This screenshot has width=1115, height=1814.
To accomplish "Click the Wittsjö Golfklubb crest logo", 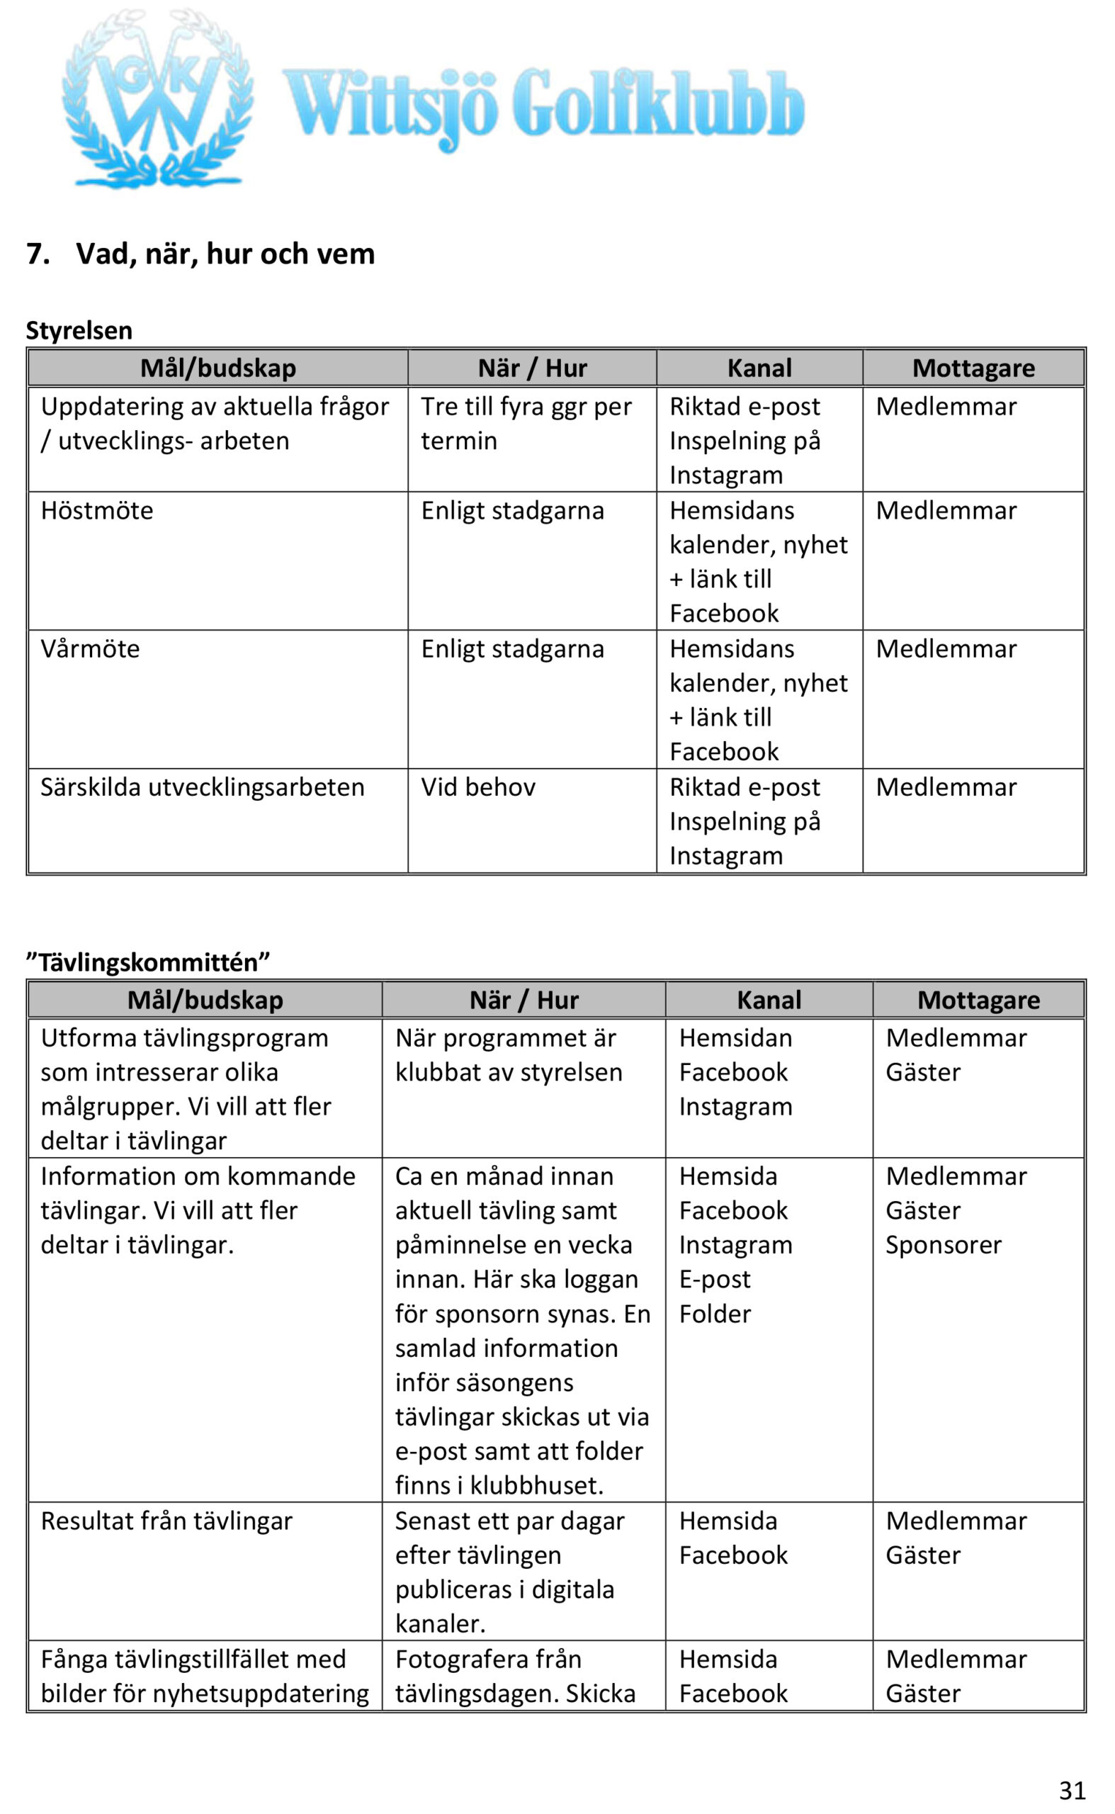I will click(x=157, y=100).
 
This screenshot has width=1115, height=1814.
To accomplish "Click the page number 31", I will click(x=1072, y=1791).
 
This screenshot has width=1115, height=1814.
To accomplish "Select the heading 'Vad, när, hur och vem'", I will click(x=225, y=254).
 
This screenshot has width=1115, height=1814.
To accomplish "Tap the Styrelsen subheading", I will click(x=79, y=330).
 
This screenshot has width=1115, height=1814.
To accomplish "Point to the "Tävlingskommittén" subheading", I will click(x=148, y=962).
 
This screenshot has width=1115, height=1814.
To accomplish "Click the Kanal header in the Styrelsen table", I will click(x=759, y=368).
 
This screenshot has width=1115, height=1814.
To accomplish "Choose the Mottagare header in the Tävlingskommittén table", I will click(x=978, y=1000).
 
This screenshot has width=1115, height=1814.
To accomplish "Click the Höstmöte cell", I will click(x=97, y=510).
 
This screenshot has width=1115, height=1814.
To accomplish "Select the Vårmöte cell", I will click(x=90, y=649).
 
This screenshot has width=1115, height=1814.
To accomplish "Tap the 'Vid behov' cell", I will click(x=478, y=787).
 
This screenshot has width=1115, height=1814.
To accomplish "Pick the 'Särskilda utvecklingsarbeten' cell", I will click(x=202, y=787).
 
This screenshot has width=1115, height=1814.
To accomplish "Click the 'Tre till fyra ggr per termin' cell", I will click(x=526, y=424).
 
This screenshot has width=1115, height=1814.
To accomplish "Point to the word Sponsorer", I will click(x=943, y=1245).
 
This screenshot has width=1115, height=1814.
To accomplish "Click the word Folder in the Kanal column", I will click(x=715, y=1314).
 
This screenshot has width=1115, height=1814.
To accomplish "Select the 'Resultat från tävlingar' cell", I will click(x=166, y=1521).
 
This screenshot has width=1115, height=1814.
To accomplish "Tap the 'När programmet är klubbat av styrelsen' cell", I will click(x=508, y=1055).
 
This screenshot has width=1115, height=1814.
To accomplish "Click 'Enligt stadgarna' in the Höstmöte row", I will click(x=512, y=510).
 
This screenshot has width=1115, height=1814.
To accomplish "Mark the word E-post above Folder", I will click(x=715, y=1279).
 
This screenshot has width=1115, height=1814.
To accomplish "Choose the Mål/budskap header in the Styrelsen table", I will click(x=217, y=368).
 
